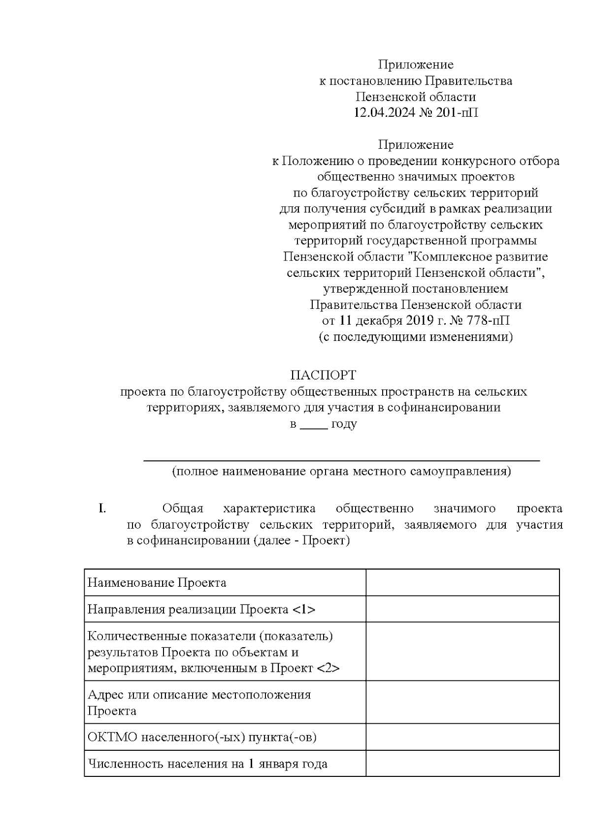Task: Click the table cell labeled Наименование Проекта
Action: pos(157,583)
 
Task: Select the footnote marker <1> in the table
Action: pos(303,610)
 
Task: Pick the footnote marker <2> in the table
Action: pos(328,669)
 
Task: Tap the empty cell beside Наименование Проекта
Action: pos(462,583)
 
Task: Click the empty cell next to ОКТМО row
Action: pos(462,737)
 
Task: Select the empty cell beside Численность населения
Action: pos(462,764)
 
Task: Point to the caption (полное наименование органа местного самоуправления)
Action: pos(341,471)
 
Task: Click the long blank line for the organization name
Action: pos(341,460)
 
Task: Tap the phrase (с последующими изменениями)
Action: pos(415,337)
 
